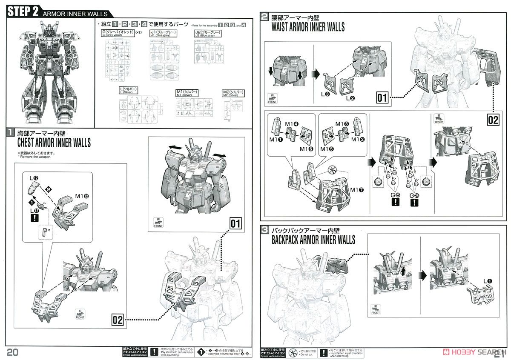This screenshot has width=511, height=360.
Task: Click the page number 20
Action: (x=13, y=351)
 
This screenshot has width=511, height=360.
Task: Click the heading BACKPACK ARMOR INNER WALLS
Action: (x=313, y=240)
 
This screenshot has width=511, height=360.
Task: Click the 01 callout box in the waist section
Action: (x=382, y=98)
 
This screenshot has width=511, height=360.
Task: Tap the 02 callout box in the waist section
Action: (x=493, y=120)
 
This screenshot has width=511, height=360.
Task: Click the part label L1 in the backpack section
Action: (x=486, y=281)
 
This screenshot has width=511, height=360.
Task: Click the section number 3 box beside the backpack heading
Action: (x=265, y=230)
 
